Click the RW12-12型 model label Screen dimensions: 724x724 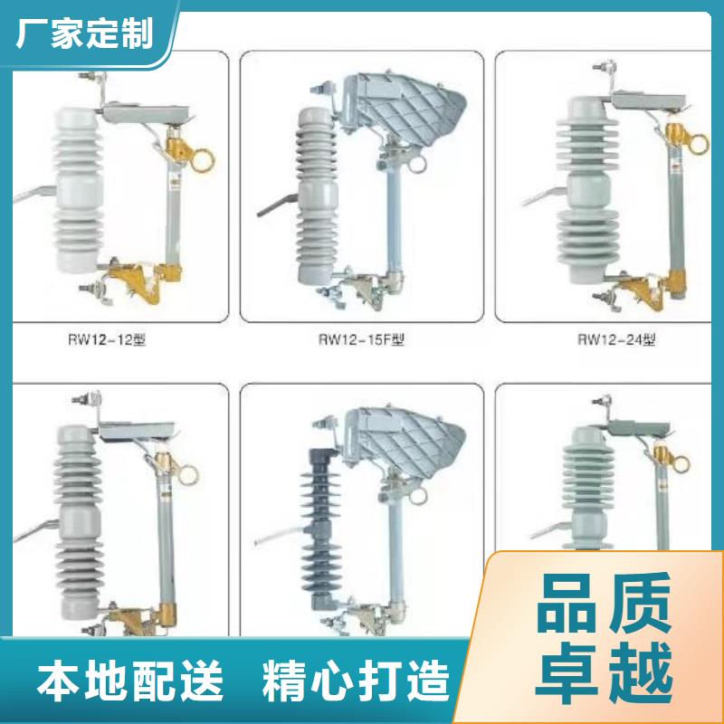coord(107,340)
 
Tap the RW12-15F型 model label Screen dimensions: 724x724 coord(361,340)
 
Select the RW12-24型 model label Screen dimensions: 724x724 coord(616,340)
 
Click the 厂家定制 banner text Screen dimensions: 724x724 coord(84,33)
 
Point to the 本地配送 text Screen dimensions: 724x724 coord(130,681)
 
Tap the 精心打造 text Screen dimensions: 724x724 coord(356,681)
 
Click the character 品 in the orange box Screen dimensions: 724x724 coord(567,603)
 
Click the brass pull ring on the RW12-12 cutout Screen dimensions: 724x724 coord(203,160)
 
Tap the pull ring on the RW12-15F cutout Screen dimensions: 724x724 coord(417,165)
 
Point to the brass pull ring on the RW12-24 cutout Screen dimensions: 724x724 coord(697,144)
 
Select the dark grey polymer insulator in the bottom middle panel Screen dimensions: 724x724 coord(320,527)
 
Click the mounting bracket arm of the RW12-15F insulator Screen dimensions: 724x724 coord(277,205)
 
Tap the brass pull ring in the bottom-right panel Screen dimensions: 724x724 coord(681,464)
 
